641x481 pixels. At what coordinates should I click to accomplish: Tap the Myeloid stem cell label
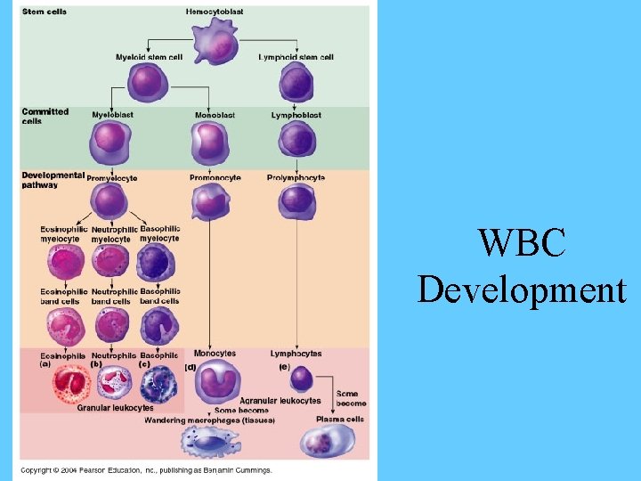tap(149, 57)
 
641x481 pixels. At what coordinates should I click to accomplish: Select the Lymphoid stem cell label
tap(296, 57)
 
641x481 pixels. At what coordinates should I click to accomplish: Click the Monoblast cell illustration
tap(210, 142)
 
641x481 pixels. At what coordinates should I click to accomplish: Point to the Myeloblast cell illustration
tap(111, 141)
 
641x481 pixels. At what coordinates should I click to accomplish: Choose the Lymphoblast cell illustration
tap(296, 142)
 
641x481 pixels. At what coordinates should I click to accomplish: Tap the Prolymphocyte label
tap(296, 177)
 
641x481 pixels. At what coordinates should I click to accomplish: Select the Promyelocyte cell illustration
tap(111, 201)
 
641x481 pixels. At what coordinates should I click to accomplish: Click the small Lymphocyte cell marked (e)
tap(302, 379)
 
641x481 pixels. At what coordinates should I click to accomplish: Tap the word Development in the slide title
tap(522, 290)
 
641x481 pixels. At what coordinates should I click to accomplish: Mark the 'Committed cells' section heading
tap(45, 116)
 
